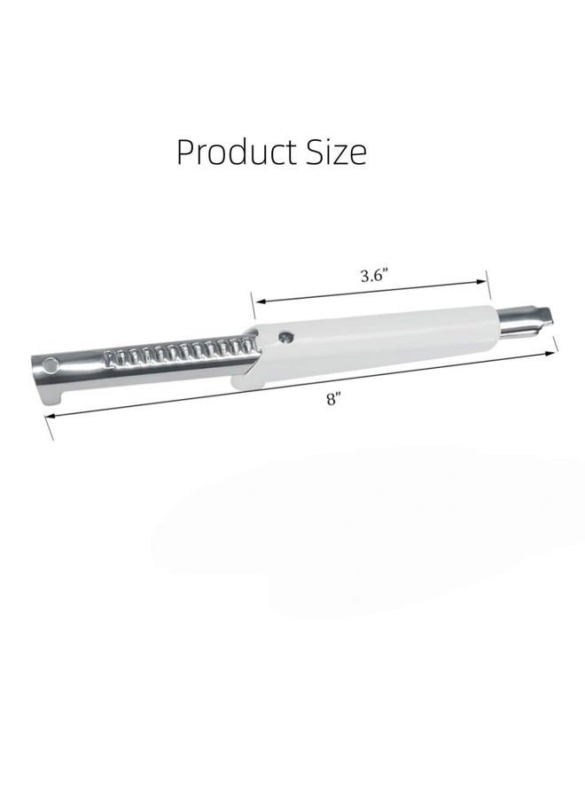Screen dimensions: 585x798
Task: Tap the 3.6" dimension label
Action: (374, 276)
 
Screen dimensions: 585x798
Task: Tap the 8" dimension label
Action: (333, 400)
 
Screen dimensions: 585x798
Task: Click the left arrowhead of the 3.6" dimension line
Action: (261, 301)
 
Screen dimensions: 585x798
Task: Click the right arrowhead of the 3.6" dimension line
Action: (481, 281)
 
